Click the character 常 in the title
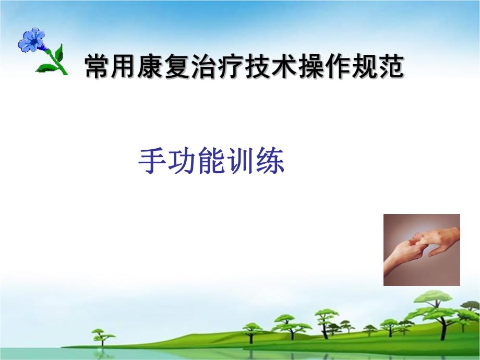click(98, 68)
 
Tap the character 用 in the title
click(124, 68)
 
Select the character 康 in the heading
click(151, 68)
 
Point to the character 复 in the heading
click(177, 68)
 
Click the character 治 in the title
click(204, 68)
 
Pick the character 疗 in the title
click(231, 68)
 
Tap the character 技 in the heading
click(257, 68)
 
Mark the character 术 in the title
click(284, 68)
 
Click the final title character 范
click(390, 68)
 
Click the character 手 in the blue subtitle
click(152, 162)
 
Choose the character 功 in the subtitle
click(182, 162)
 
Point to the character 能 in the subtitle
click(211, 162)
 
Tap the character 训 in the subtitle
click(240, 162)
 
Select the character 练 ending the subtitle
click(270, 162)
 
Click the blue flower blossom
click(32, 40)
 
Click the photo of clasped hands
click(422, 249)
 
